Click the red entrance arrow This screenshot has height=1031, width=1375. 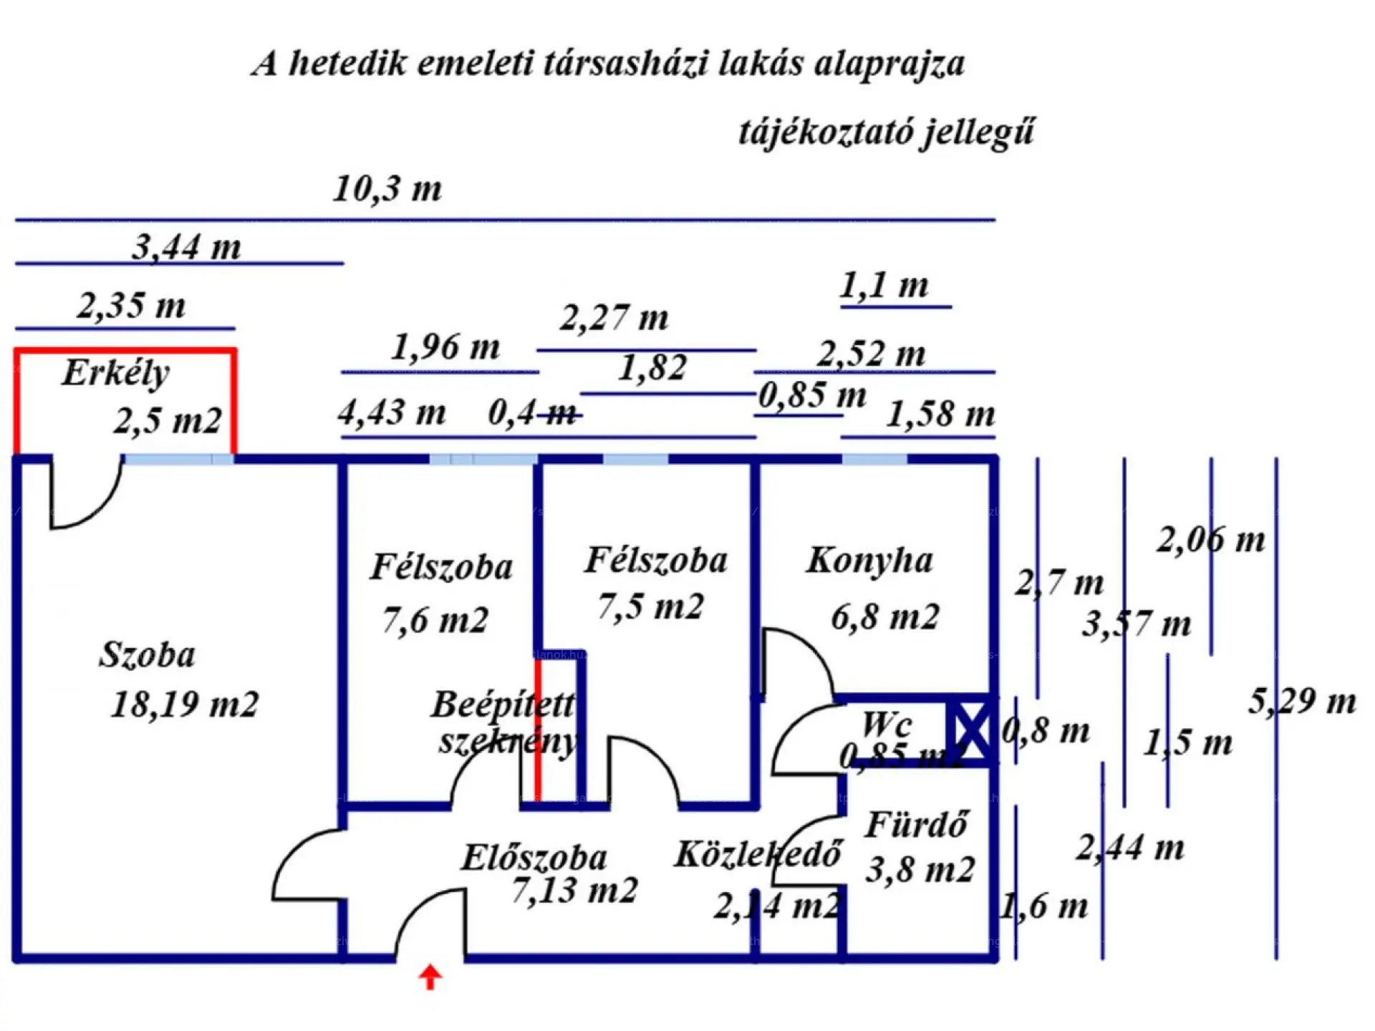[x=430, y=977]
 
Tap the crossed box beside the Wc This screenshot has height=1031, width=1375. [x=970, y=730]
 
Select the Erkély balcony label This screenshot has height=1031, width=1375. [x=115, y=372]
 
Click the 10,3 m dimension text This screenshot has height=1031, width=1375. [x=387, y=189]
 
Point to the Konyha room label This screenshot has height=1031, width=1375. [x=869, y=560]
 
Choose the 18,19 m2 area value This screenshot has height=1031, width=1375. [x=185, y=704]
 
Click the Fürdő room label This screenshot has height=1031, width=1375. [x=917, y=825]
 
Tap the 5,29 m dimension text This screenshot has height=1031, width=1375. [x=1302, y=701]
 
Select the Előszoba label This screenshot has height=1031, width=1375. [x=534, y=857]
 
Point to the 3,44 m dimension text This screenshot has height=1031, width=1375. [x=186, y=248]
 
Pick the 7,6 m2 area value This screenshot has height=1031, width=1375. [x=435, y=619]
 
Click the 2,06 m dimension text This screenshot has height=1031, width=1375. [x=1211, y=540]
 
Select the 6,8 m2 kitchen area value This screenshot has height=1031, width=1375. [x=884, y=616]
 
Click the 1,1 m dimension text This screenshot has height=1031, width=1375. [x=884, y=286]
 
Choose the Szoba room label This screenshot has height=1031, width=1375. [x=147, y=654]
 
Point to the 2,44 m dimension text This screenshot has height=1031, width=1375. [x=1130, y=848]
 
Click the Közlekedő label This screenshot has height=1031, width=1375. [x=758, y=854]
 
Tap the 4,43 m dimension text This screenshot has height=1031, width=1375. [x=392, y=412]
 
